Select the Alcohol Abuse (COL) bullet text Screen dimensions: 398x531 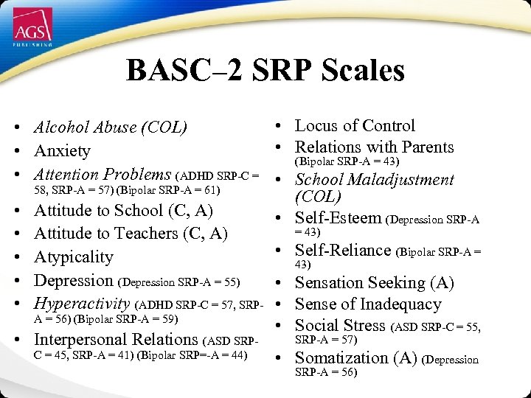tap(110, 128)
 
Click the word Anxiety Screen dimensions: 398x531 tap(62, 151)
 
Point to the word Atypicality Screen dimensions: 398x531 tap(74, 257)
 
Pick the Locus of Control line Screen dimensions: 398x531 tap(355, 126)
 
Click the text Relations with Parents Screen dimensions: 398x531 tap(374, 147)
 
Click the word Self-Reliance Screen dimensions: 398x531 tap(343, 251)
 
